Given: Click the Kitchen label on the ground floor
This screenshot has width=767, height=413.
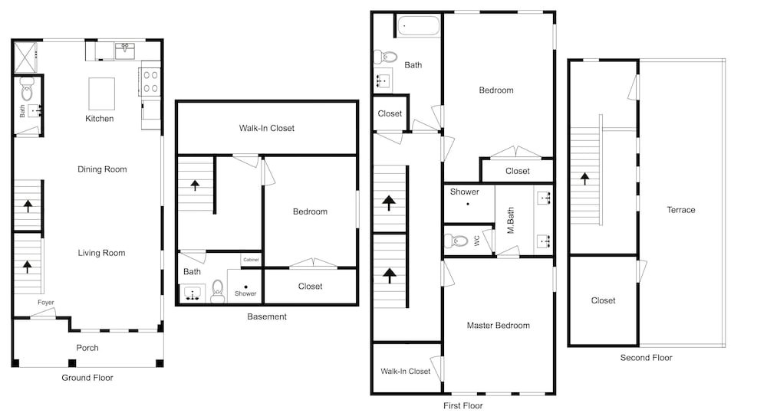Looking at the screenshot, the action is point(99,118).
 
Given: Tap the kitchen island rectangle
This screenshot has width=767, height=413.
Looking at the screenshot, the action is point(102,93).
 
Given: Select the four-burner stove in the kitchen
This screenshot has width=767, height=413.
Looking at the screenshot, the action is point(150,82).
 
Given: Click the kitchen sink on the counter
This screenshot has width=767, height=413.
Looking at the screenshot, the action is point(125,51).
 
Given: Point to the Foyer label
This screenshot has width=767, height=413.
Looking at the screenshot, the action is point(46,303).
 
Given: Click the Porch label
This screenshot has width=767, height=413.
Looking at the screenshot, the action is point(87,348).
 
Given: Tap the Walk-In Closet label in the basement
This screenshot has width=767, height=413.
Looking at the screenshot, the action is point(267,128).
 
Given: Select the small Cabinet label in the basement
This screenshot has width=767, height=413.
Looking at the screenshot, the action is point(251,260).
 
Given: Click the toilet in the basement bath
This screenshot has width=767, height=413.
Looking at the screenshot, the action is point(218,291).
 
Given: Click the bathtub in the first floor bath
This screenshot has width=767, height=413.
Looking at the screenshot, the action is point(418,26).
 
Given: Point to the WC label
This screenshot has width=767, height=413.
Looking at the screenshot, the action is point(476,241).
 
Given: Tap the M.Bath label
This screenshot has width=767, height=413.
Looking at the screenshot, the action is point(510,221).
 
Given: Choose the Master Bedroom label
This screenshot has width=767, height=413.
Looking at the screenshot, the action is point(498,326).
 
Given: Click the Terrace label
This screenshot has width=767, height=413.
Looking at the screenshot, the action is point(680,210).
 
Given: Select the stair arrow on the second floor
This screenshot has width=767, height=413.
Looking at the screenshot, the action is point(584,179).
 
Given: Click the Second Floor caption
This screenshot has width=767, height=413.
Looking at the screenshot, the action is point(646,358).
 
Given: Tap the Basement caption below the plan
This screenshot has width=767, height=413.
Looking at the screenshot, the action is point(267,316).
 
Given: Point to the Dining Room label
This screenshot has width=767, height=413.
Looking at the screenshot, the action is point(102,169).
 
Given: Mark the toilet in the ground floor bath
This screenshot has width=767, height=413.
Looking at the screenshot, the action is point(28,89).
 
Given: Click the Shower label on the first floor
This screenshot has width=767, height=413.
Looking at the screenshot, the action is point(464,192).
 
